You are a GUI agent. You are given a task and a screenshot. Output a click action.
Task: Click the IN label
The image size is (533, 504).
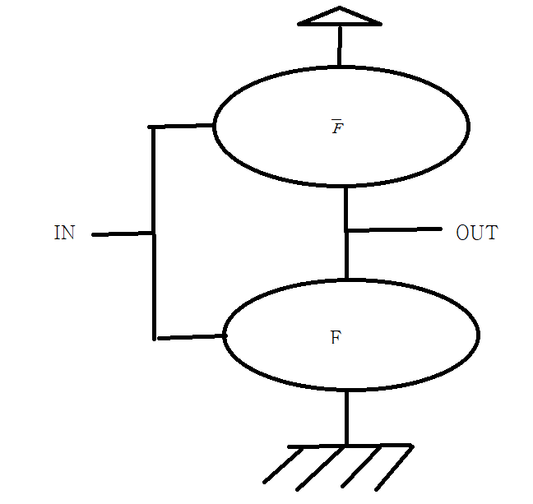64,234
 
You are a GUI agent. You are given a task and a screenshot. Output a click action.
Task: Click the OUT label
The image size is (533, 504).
476,233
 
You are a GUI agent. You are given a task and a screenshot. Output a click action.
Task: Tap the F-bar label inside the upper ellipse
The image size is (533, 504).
337,127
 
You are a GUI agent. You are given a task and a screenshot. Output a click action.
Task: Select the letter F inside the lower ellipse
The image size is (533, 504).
335,337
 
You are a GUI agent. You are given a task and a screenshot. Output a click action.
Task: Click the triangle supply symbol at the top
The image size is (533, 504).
339,17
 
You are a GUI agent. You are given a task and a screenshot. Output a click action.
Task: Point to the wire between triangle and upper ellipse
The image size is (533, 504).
339,46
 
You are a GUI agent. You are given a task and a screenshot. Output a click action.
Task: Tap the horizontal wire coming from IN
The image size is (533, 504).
123,234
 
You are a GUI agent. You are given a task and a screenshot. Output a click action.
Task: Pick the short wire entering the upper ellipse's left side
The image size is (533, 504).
182,127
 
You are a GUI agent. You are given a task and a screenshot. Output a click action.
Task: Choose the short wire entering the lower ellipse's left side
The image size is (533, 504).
190,336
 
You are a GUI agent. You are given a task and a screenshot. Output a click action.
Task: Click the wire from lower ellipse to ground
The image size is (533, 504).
346,418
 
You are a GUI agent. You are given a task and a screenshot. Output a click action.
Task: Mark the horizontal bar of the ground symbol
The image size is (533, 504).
350,446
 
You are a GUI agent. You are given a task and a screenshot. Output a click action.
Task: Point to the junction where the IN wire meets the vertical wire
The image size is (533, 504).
153,234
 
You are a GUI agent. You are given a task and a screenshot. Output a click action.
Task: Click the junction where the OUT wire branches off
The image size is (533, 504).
346,231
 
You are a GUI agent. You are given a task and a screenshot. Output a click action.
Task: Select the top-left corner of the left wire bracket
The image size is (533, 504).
153,127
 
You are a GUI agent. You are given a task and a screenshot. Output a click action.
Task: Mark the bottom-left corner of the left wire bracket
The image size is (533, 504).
154,337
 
